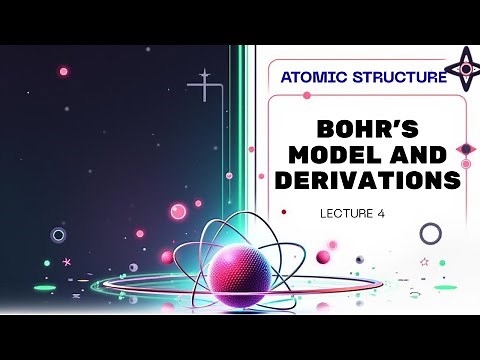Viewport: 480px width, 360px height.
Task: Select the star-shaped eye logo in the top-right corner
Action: [x=461, y=68]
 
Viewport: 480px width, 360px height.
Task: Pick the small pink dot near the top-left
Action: [x=64, y=71]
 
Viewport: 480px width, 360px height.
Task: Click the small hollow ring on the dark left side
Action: [x=58, y=235]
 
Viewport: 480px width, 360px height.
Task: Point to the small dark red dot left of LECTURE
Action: [x=285, y=212]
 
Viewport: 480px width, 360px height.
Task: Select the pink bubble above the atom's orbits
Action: [x=179, y=211]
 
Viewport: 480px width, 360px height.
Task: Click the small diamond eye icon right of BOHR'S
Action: [x=465, y=149]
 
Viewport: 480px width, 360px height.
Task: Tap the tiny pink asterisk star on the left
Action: [x=67, y=262]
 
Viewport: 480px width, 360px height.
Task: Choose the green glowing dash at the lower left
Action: [x=44, y=288]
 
